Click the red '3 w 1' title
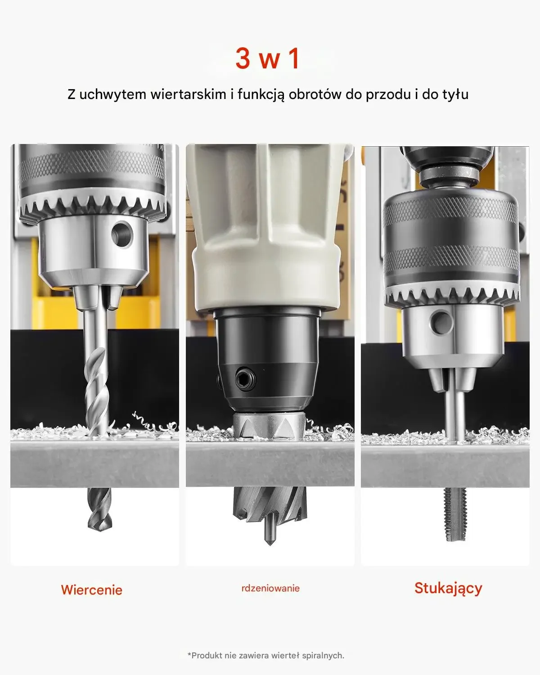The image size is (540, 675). [x=268, y=59]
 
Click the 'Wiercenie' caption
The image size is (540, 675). [x=92, y=590]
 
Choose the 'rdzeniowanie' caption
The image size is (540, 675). [x=270, y=588]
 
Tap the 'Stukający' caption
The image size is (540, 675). [x=448, y=589]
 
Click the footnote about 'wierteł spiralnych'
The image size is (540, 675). [x=266, y=655]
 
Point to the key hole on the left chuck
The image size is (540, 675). [x=122, y=234]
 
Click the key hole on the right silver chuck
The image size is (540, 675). [x=442, y=322]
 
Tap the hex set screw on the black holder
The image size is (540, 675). [x=245, y=379]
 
